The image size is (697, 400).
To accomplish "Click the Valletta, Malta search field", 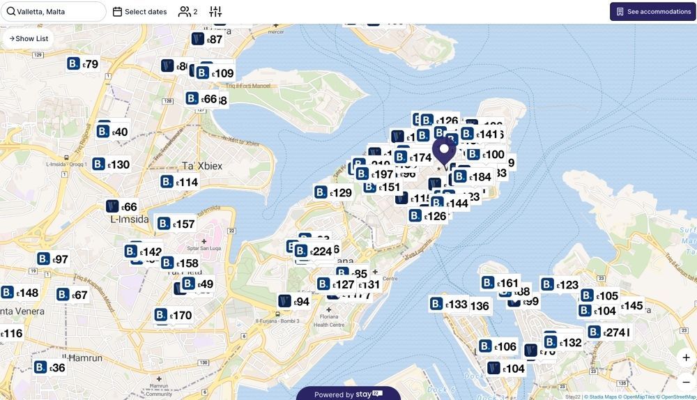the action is coord(56,11).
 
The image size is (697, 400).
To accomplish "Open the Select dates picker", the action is coord(139,12).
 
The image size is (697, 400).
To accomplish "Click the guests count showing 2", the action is coord(187,12).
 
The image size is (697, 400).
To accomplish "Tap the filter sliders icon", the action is coord(215,12).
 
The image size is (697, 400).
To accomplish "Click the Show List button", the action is coord(29,38).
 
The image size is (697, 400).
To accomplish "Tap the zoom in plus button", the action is coord(686,357).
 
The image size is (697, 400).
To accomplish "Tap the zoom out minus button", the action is coord(686,381).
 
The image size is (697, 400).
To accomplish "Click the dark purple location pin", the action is coord(444,151).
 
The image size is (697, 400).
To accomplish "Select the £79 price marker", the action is coord(83,64).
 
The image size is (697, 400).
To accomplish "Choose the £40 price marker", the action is coord(112,132).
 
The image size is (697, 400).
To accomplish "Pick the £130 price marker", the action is coord(112,164).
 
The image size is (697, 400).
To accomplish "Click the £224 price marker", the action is coord(314,252).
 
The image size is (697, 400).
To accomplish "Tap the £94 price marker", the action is coord(293,302).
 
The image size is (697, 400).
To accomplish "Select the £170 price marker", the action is coord(174,315).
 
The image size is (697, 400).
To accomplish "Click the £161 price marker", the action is coord(500,283).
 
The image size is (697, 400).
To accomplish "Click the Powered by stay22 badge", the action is coord(348,394).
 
